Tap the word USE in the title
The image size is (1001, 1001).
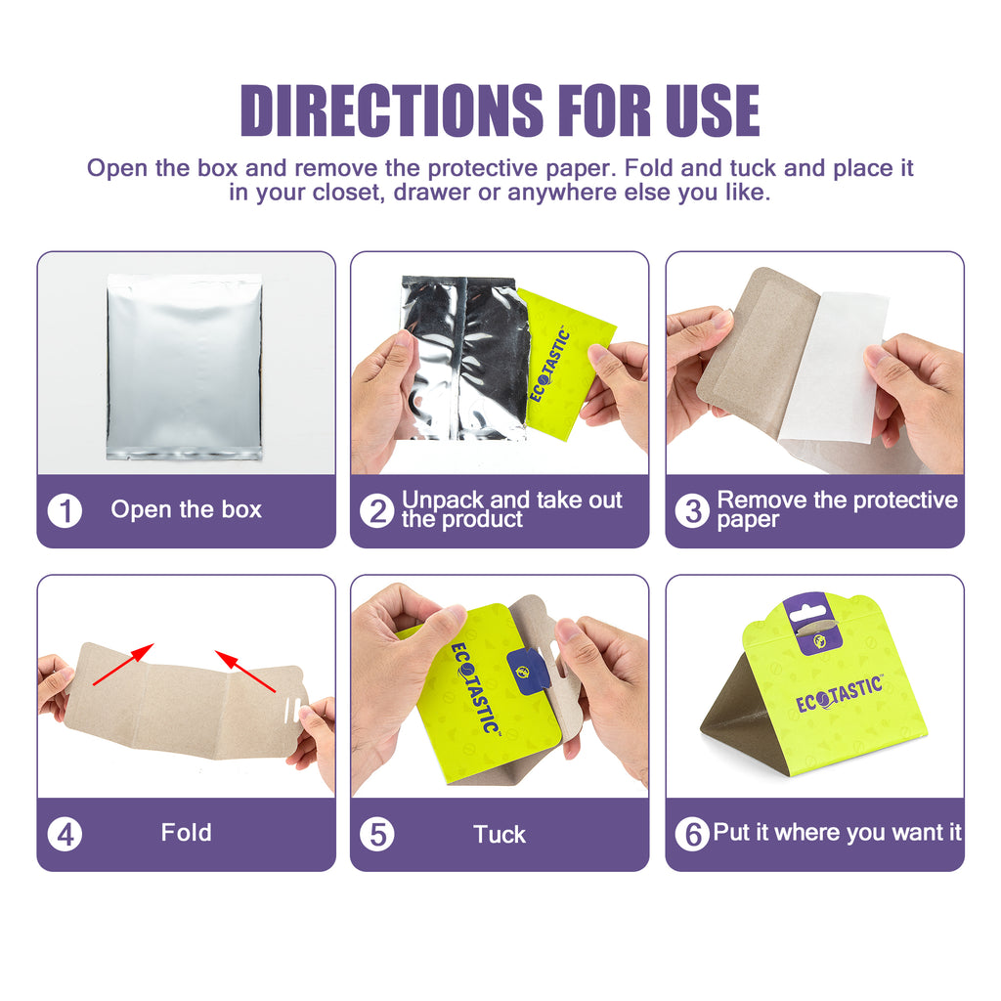(713, 110)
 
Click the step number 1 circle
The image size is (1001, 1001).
(65, 510)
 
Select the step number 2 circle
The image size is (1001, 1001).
(377, 510)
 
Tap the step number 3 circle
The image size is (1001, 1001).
(693, 510)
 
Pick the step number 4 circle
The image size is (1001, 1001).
(65, 834)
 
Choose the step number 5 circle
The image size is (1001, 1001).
(377, 834)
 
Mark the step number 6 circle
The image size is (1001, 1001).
(693, 834)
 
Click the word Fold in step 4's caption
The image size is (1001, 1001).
(186, 833)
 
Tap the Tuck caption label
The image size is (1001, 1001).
(500, 835)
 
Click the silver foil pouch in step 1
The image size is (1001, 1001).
(185, 368)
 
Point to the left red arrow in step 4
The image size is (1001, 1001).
(123, 665)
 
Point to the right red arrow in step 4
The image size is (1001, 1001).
(245, 671)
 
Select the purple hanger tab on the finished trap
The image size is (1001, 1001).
(812, 624)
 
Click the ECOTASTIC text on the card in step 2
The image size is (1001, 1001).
(549, 365)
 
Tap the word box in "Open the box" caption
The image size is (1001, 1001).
(241, 509)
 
